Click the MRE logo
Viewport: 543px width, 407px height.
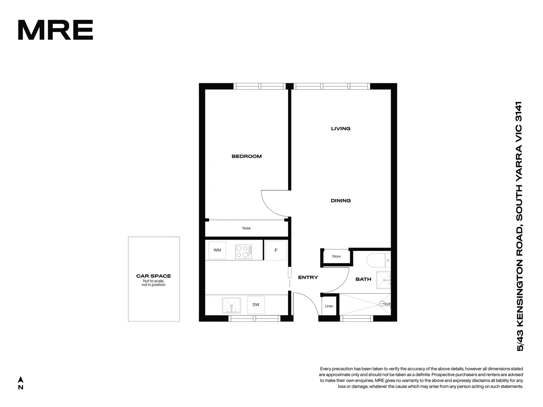[55, 30]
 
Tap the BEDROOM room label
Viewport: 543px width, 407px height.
[247, 156]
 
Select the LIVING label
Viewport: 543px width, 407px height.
[341, 129]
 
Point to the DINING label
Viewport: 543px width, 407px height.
[341, 200]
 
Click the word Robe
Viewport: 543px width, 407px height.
[246, 228]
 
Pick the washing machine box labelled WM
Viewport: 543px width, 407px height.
[217, 250]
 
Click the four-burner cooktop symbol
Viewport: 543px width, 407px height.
[244, 251]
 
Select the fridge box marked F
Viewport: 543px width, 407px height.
[276, 250]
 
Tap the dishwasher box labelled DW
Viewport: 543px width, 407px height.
[256, 305]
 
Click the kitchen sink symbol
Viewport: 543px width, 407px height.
[231, 306]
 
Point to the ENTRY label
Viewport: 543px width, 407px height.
[308, 277]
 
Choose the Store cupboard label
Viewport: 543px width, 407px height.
[336, 256]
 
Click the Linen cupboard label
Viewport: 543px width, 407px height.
[329, 306]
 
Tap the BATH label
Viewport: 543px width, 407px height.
[363, 279]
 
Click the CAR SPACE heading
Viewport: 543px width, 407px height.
[153, 276]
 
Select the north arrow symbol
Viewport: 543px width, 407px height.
[21, 380]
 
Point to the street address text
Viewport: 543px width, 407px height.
[520, 226]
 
